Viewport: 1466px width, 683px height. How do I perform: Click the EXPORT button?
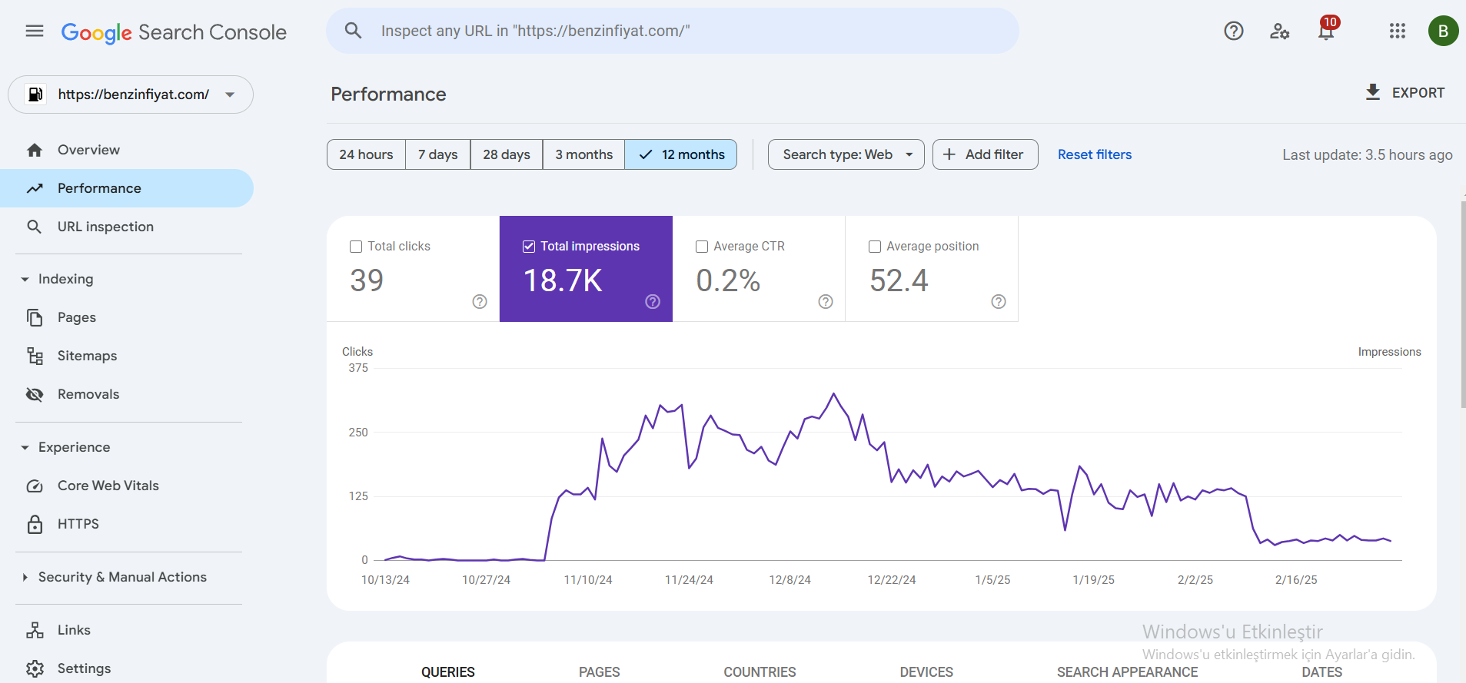pos(1405,93)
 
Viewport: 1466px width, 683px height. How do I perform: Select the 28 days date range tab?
pos(507,154)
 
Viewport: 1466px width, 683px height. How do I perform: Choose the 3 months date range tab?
pos(584,154)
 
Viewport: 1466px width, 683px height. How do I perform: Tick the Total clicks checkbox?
pos(356,247)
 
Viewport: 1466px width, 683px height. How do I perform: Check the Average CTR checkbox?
pos(702,247)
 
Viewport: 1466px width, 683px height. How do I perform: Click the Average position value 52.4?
pos(899,280)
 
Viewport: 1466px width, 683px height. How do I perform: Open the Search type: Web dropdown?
pos(846,154)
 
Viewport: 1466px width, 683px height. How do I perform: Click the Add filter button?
pos(986,154)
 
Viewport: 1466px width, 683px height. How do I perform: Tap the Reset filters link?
pos(1095,154)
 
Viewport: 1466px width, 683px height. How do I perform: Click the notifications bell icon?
pos(1326,31)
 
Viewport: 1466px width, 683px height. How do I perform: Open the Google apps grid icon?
pos(1398,31)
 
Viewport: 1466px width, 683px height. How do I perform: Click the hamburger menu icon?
pos(35,31)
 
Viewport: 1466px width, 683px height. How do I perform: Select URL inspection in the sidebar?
pos(105,227)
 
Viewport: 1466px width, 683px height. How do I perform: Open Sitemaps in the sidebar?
pos(87,356)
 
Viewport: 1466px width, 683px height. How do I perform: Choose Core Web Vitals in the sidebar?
pos(108,486)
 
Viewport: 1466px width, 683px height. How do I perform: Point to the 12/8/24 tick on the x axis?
pos(790,580)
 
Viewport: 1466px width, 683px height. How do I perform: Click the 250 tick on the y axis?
pos(358,433)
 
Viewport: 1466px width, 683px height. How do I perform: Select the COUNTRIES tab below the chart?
pos(760,672)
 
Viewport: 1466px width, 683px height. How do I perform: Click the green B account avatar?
pos(1443,31)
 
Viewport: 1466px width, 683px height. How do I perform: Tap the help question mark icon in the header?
pos(1234,31)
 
